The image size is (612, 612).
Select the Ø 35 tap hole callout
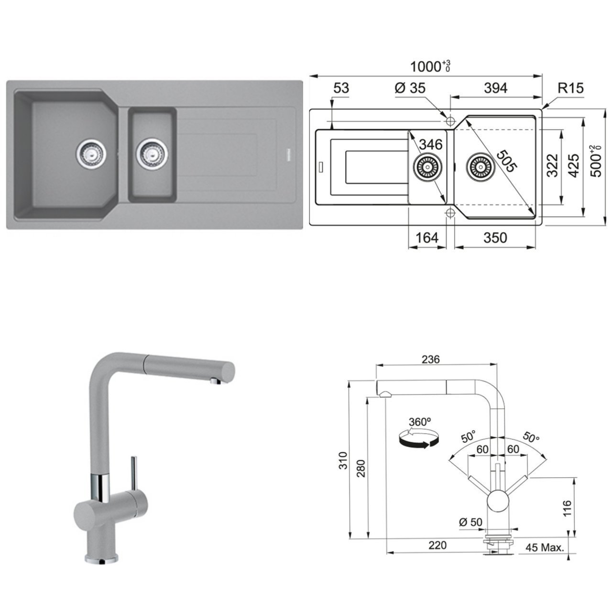[x=410, y=88]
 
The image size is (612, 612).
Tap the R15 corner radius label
[x=570, y=88]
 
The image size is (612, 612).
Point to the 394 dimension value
[x=495, y=88]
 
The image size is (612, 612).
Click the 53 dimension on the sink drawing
[x=341, y=88]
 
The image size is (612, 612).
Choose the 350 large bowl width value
[x=495, y=238]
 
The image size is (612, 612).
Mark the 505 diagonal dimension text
[x=506, y=161]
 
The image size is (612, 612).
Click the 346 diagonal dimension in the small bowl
[x=431, y=143]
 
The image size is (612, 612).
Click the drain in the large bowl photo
[x=89, y=153]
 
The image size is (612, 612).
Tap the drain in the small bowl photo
[x=152, y=153]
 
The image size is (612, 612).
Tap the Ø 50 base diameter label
[x=470, y=522]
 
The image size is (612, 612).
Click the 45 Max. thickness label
[x=545, y=547]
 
